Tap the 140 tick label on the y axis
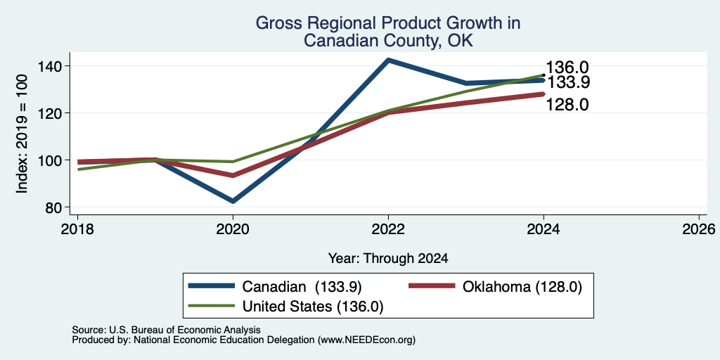tap(56, 66)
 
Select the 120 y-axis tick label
tap(56, 113)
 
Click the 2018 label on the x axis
tap(77, 229)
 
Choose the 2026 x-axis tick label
tap(699, 229)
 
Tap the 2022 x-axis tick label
tap(388, 229)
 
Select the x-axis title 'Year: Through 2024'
tap(388, 259)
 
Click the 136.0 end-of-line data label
tap(567, 67)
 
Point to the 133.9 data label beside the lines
tap(567, 82)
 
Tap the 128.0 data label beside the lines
tap(567, 105)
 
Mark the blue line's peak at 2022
tap(388, 60)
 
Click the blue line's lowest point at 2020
tap(233, 201)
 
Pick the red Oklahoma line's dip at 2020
tap(233, 175)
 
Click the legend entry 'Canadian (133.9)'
tap(276, 287)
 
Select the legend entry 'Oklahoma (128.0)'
tap(496, 287)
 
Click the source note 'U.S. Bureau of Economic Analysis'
tap(185, 330)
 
